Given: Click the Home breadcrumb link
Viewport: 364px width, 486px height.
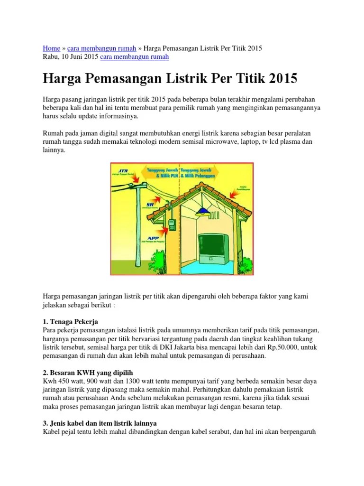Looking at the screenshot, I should click(x=51, y=48).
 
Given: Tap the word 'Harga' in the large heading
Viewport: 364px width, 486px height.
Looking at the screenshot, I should click(x=61, y=78).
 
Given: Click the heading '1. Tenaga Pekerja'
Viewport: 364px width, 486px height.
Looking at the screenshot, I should click(x=70, y=322).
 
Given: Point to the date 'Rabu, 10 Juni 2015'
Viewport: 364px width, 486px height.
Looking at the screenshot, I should click(x=70, y=57).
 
